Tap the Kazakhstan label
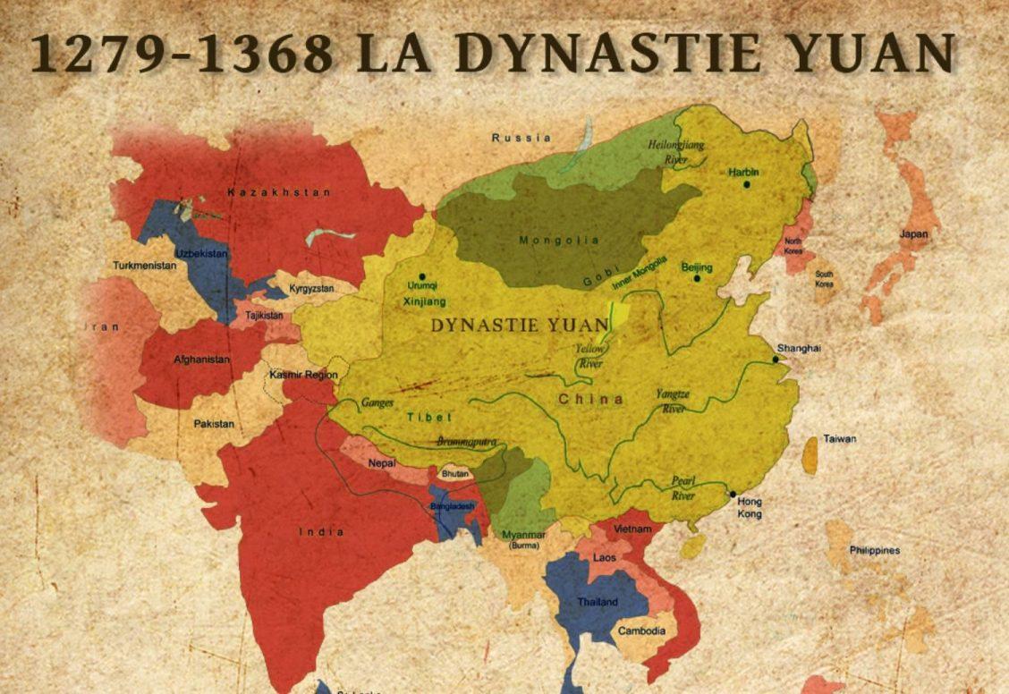[267, 192]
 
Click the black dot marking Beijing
[697, 279]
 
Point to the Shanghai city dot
[776, 360]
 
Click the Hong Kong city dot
[733, 494]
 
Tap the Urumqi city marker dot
[422, 276]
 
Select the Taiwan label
[840, 439]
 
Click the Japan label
[914, 234]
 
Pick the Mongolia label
[547, 240]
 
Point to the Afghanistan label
[201, 360]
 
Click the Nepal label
[382, 464]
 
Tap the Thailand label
[598, 602]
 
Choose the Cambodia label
[641, 631]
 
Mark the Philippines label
[875, 550]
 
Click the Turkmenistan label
[143, 266]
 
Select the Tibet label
[429, 418]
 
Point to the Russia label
[521, 138]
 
